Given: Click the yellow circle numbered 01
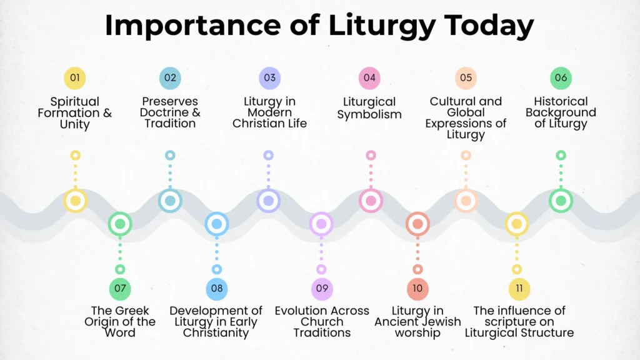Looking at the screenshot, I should pos(75,78).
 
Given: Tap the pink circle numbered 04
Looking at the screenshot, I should pos(369,78).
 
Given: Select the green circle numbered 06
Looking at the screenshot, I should pos(561,78).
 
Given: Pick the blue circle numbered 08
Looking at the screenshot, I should pos(216,289).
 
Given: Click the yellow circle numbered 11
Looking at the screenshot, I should pos(519,289).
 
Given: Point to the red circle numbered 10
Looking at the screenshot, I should pos(417,289).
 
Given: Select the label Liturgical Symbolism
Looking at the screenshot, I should pos(369,107).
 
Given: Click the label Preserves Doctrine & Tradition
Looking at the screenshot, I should pos(170,112).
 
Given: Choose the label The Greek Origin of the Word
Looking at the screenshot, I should pos(120,321).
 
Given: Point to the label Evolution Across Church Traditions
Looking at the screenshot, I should pos(322,321).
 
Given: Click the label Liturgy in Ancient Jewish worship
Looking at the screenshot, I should pos(417,321).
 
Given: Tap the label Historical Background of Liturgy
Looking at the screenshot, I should pos(561,112).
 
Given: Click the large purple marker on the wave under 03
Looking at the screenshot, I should pos(268,201).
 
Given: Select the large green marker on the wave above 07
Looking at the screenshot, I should pos(120,224).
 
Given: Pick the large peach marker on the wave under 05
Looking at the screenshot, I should pos(466,201).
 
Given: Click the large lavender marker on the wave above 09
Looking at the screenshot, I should pos(321,224).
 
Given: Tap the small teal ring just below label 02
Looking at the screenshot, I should pos(170,155).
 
